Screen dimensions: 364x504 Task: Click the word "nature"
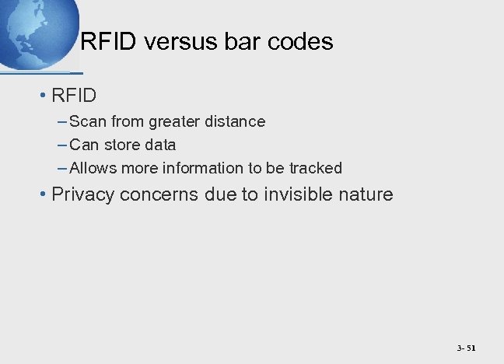(366, 194)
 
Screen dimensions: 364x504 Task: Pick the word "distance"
(236, 121)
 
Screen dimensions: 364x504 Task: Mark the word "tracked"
(315, 168)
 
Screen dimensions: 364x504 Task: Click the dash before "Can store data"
(61, 145)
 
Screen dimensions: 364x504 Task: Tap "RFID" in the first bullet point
(74, 96)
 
